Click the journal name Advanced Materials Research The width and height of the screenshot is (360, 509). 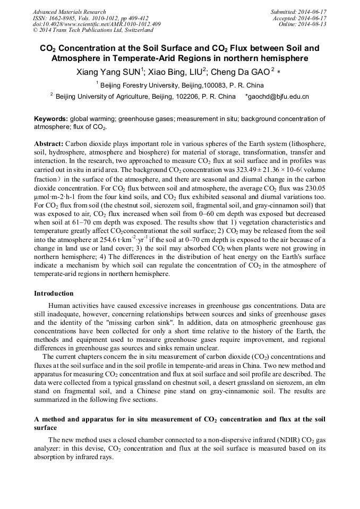coord(69,12)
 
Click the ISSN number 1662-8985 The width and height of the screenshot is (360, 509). coord(70,18)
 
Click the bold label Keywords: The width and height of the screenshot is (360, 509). coord(50,119)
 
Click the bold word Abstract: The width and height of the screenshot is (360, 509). coord(49,144)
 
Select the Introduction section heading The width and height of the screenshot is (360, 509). coord(54,294)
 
